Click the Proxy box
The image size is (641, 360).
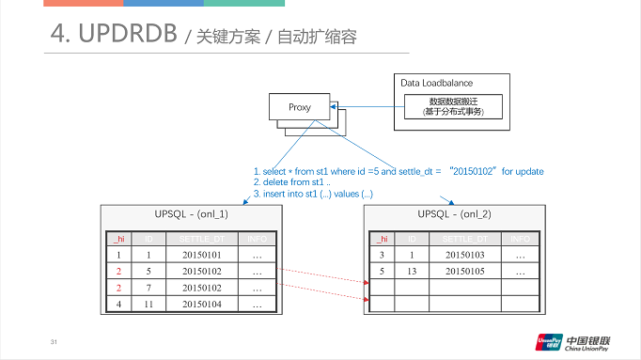click(300, 107)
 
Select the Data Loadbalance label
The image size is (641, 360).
click(436, 83)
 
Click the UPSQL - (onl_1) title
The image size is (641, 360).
click(191, 214)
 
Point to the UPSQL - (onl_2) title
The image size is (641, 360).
click(454, 214)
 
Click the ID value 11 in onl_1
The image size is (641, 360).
click(149, 305)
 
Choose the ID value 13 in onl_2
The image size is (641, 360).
click(412, 272)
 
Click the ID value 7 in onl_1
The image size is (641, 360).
click(149, 289)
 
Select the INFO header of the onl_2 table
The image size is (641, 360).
click(520, 239)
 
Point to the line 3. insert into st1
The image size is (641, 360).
click(314, 193)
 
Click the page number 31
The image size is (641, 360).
click(54, 340)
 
